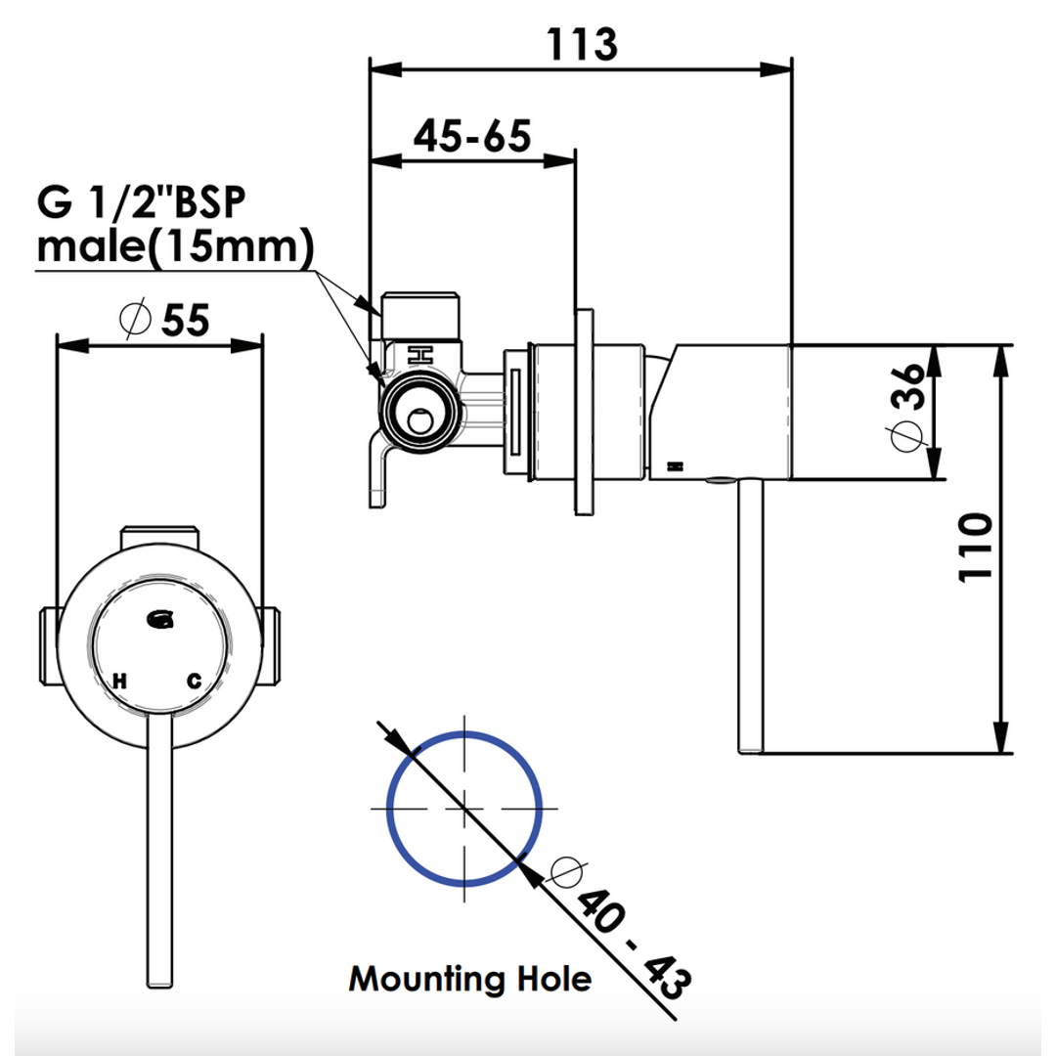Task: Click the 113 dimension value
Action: [x=582, y=44]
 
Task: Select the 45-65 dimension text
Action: [x=472, y=135]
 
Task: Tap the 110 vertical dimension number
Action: [x=975, y=547]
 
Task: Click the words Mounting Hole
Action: [x=470, y=979]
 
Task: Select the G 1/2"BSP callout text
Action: [x=142, y=201]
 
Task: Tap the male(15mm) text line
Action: [x=175, y=246]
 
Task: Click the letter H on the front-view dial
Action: [x=120, y=681]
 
